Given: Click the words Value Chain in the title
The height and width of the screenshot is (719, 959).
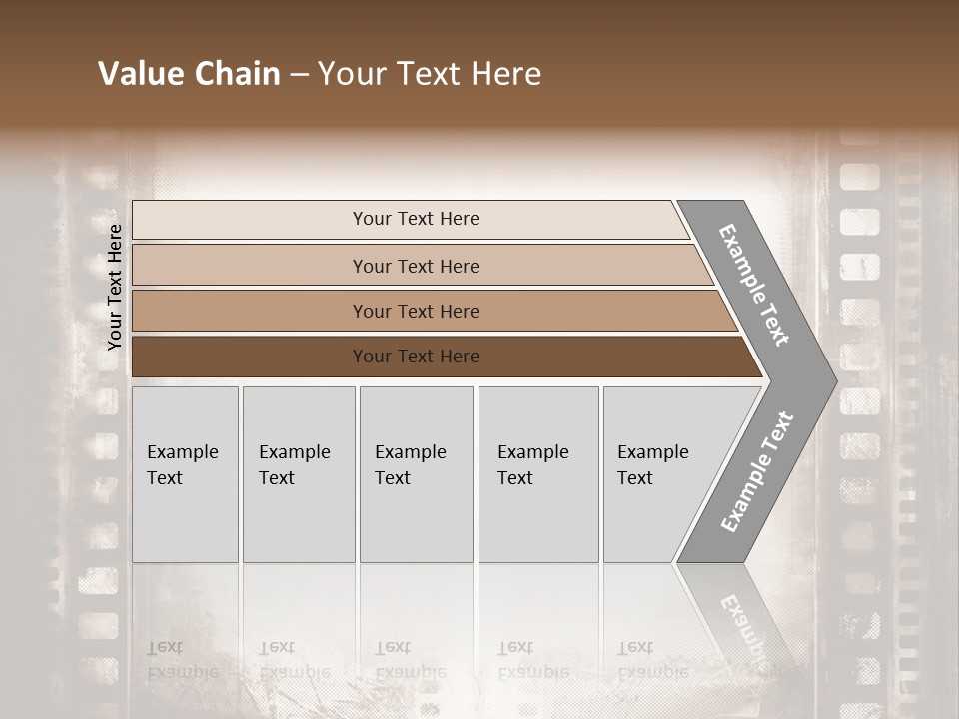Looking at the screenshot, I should [x=189, y=74].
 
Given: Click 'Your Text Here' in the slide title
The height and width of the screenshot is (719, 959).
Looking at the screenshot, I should [x=430, y=74].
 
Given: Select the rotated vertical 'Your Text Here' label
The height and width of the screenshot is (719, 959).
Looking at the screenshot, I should [x=115, y=287].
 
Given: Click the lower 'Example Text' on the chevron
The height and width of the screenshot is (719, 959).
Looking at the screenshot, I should [x=757, y=471].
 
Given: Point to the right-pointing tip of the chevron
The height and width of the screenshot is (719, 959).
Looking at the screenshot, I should [x=832, y=380].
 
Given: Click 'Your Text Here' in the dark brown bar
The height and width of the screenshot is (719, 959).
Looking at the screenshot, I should [x=416, y=357].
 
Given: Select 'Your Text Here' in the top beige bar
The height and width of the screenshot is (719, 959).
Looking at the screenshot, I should [x=416, y=219].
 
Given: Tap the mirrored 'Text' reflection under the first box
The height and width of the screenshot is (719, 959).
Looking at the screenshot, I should [x=165, y=647].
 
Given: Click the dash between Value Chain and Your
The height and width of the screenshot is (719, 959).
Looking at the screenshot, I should [x=299, y=75].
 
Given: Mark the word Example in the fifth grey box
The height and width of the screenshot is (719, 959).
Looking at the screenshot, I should [x=652, y=452].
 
